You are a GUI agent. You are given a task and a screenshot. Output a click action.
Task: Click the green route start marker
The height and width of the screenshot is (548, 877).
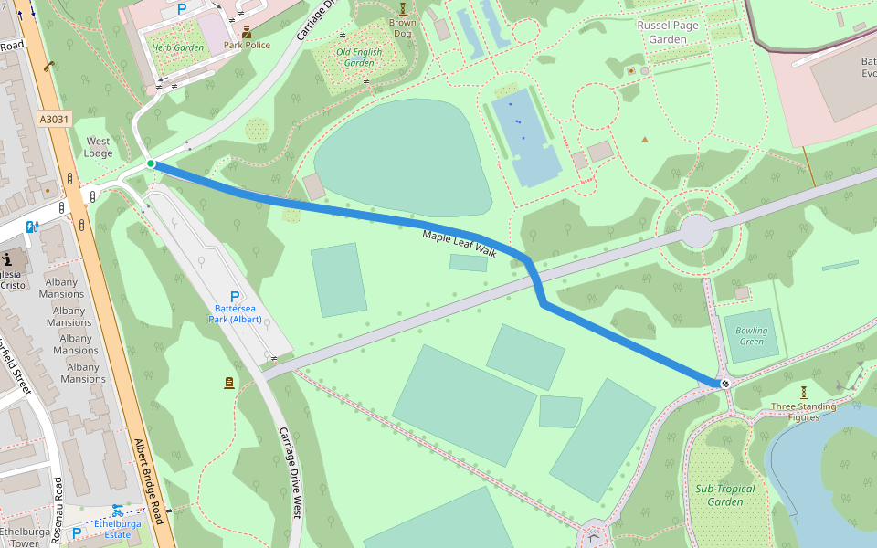pyautogui.click(x=151, y=163)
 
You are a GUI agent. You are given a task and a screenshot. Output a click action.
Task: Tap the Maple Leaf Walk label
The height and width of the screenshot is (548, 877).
pyautogui.click(x=459, y=244)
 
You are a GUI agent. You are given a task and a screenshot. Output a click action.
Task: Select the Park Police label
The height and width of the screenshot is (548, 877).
pyautogui.click(x=247, y=45)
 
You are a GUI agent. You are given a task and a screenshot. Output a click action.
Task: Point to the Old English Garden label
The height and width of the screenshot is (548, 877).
pyautogui.click(x=359, y=58)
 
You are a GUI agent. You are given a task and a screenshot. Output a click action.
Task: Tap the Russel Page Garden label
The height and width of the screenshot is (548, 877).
pyautogui.click(x=668, y=32)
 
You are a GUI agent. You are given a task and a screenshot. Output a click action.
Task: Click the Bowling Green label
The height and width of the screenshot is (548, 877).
pyautogui.click(x=752, y=336)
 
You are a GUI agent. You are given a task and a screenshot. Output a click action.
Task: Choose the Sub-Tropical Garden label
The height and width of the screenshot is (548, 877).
pyautogui.click(x=719, y=495)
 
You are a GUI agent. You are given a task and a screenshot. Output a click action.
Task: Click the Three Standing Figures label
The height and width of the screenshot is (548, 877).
pyautogui.click(x=803, y=412)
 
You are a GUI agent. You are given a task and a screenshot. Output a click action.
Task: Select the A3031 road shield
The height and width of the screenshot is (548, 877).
pyautogui.click(x=54, y=119)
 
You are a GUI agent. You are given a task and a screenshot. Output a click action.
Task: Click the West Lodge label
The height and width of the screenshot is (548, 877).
pyautogui.click(x=99, y=147)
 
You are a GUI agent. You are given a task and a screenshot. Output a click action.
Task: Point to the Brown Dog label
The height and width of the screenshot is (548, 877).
pyautogui.click(x=402, y=28)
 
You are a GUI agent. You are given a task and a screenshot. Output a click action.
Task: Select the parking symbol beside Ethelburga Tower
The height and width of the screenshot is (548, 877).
pyautogui.click(x=77, y=532)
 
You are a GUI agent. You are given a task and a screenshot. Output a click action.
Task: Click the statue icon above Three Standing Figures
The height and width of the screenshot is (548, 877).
pyautogui.click(x=804, y=391)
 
